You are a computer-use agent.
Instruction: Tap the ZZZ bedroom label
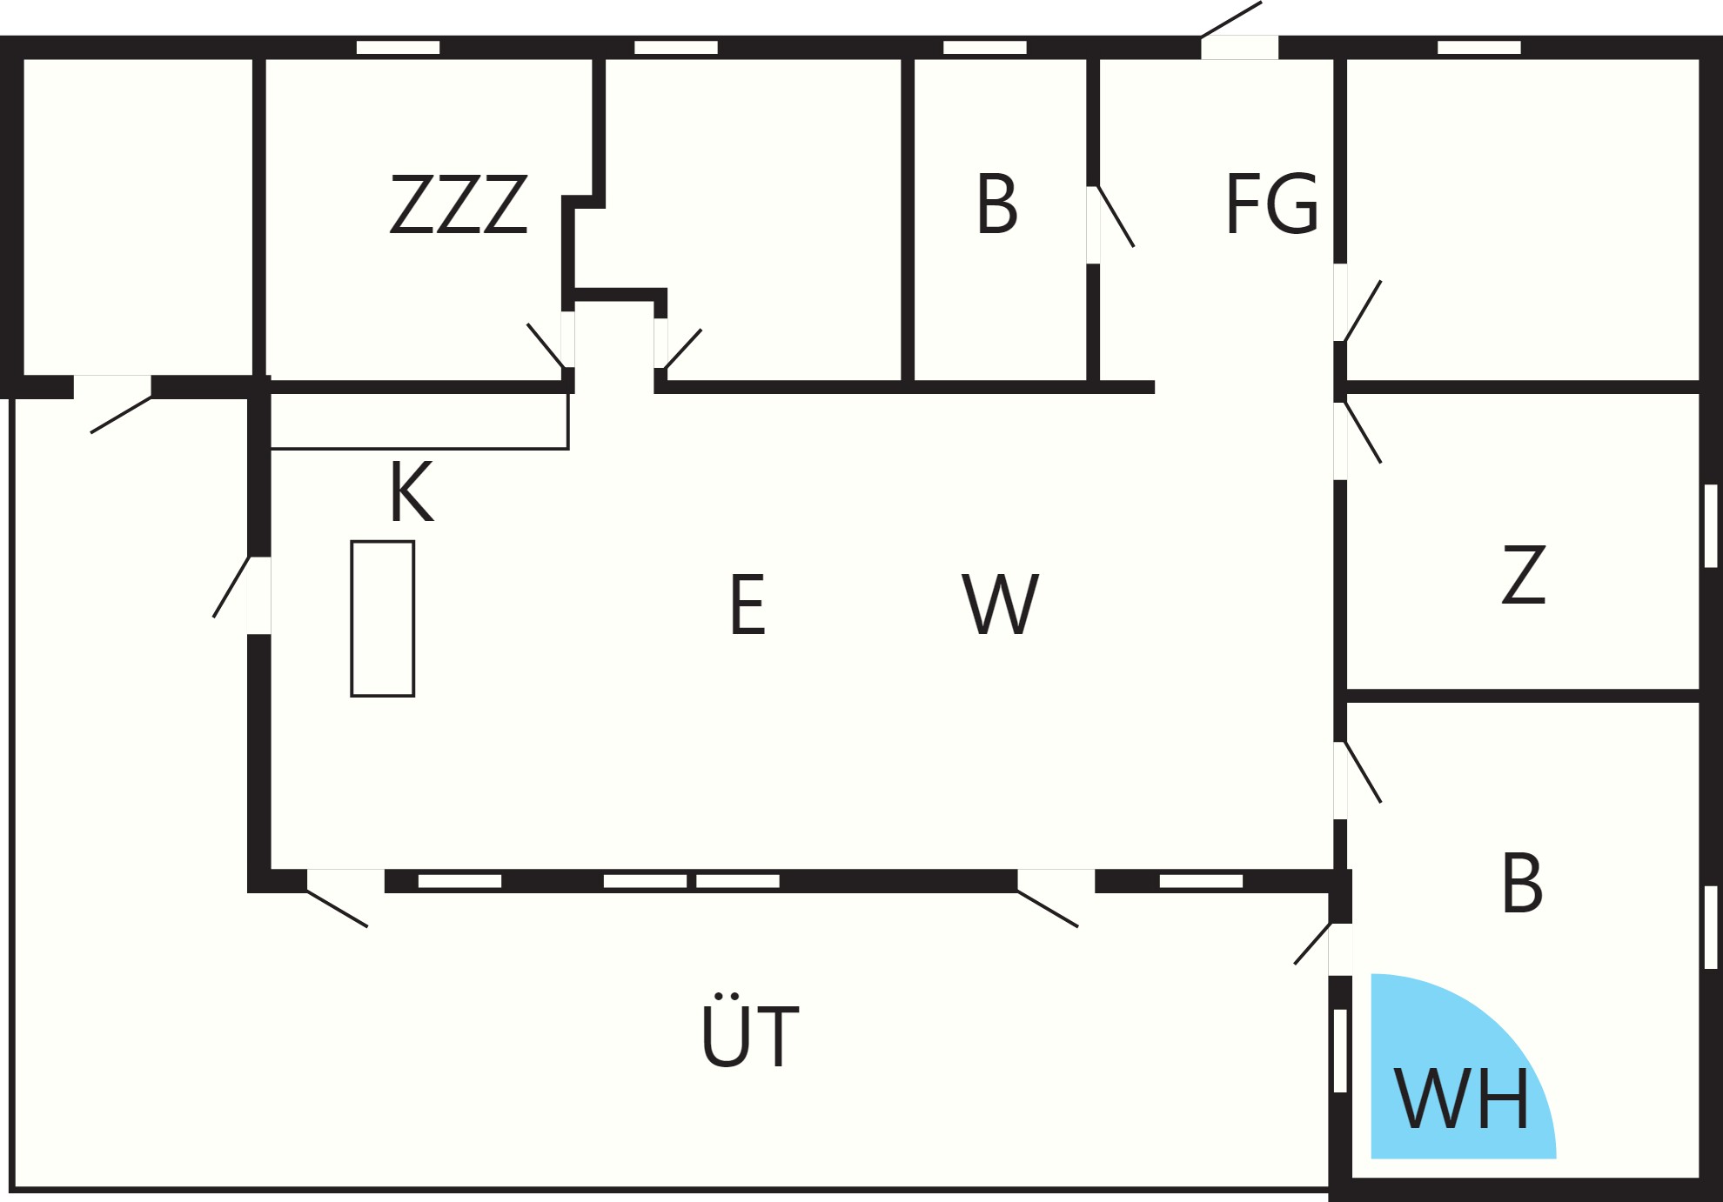[x=459, y=204]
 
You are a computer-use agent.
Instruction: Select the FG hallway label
[x=1271, y=204]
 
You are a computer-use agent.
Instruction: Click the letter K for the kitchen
[x=411, y=491]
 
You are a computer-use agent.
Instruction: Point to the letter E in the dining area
[x=748, y=604]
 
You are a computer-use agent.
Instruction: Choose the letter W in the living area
[x=1001, y=604]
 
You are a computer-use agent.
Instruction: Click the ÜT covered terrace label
[x=749, y=1032]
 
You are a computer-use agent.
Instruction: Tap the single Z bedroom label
[x=1524, y=574]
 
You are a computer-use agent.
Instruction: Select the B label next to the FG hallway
[x=997, y=204]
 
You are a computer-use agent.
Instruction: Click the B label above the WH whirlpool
[x=1522, y=882]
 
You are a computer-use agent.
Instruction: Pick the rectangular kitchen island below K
[x=383, y=618]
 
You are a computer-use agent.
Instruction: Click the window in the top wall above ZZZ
[x=399, y=47]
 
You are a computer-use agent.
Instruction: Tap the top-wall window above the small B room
[x=985, y=47]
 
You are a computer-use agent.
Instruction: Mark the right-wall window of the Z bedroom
[x=1711, y=526]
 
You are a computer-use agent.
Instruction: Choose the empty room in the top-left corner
[x=137, y=217]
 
